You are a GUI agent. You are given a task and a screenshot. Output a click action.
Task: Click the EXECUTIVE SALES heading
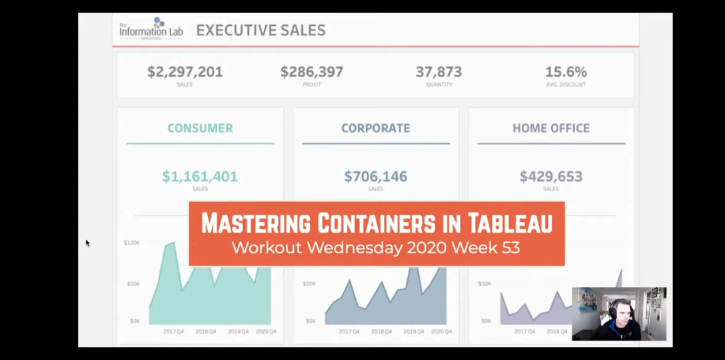(x=261, y=30)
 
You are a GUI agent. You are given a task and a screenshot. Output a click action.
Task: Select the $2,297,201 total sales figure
(x=185, y=72)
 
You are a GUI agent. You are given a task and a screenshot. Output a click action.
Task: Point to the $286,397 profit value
(x=311, y=72)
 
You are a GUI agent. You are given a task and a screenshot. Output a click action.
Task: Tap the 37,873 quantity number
(x=438, y=72)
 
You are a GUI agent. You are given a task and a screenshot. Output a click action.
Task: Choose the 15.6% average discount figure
(x=566, y=72)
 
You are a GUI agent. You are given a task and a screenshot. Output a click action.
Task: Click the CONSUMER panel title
(x=200, y=128)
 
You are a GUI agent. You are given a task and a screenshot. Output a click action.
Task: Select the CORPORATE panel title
(x=376, y=128)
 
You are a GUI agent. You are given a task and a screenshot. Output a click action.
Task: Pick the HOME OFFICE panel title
(x=551, y=128)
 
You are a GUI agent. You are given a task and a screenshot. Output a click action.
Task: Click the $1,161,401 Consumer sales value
(x=200, y=177)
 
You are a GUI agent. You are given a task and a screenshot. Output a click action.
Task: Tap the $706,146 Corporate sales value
(x=376, y=177)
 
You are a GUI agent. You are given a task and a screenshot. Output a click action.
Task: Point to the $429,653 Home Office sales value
(x=551, y=177)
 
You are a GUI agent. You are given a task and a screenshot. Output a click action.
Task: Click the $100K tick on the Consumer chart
(x=131, y=243)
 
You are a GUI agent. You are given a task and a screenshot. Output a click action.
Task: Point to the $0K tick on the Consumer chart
(x=134, y=321)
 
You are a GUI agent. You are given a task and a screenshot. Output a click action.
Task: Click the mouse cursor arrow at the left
(x=87, y=243)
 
